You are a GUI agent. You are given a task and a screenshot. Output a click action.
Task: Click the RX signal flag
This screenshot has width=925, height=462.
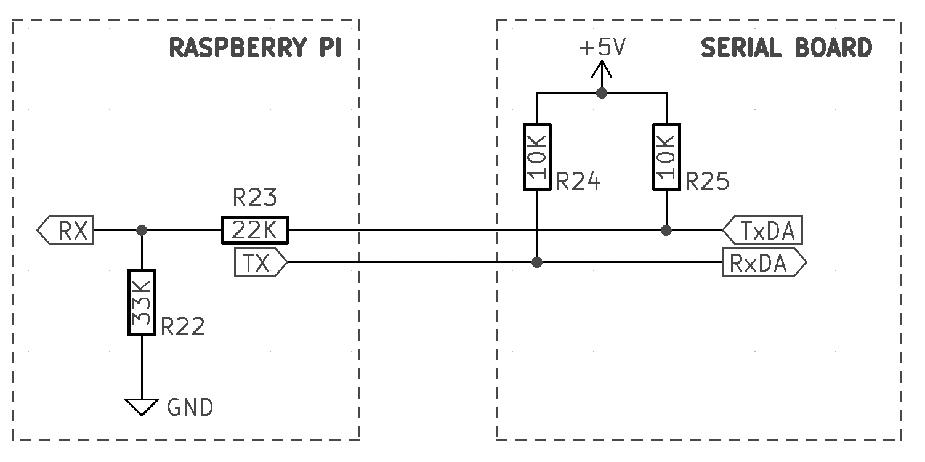[66, 231]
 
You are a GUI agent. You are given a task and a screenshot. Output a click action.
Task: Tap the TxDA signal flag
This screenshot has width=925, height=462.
[762, 231]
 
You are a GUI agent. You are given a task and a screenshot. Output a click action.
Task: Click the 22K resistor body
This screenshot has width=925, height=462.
[255, 231]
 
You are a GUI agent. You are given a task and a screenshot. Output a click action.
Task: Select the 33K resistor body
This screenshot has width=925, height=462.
[142, 302]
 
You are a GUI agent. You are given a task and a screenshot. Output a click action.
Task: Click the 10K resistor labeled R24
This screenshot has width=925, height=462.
[538, 156]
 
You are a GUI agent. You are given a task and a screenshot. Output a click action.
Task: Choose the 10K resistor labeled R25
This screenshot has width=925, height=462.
[666, 156]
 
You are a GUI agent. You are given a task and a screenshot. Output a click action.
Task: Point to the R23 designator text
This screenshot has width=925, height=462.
[254, 198]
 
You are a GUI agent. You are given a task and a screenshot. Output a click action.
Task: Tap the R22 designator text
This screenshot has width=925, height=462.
[182, 326]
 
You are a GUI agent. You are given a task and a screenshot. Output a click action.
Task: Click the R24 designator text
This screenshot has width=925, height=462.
[578, 182]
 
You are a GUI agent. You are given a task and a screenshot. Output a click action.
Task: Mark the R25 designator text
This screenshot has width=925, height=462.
[707, 182]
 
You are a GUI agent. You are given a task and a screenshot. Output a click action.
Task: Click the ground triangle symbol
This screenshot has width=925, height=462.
[142, 407]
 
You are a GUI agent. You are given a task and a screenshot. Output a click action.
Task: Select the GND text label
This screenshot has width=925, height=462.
[190, 408]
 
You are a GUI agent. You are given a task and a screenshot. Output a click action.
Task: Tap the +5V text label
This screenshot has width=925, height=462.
[602, 48]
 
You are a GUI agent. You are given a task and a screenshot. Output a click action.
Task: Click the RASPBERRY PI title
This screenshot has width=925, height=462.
[255, 48]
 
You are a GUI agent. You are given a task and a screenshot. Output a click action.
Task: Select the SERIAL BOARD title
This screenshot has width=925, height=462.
[786, 48]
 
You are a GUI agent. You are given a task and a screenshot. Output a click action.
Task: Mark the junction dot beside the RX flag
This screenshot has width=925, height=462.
[142, 230]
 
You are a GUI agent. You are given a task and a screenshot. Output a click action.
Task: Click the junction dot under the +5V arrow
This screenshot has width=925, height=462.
[602, 93]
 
